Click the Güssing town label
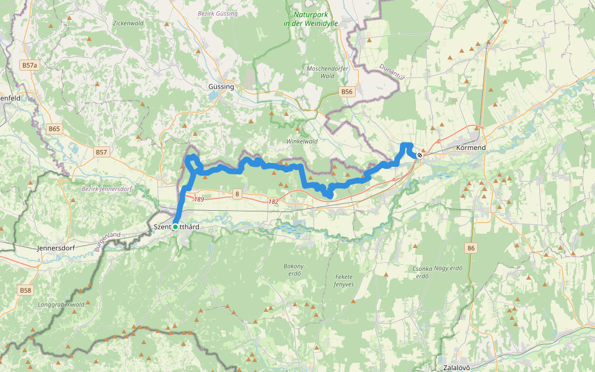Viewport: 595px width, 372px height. (x=221, y=87)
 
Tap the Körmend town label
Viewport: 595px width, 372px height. (x=470, y=148)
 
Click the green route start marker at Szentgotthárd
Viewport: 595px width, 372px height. (x=175, y=227)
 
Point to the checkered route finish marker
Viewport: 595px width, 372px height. (x=420, y=155)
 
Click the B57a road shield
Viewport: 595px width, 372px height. (x=29, y=64)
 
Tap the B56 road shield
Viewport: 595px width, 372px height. (x=346, y=92)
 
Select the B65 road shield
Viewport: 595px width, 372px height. (x=55, y=129)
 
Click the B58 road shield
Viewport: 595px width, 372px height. (x=25, y=290)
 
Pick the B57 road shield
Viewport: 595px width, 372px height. (x=102, y=152)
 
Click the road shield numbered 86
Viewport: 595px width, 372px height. (x=472, y=247)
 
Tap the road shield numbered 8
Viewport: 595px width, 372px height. (x=237, y=195)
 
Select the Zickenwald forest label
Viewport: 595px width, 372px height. (x=128, y=23)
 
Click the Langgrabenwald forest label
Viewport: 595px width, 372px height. (x=61, y=304)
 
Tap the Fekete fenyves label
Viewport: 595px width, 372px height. (x=343, y=280)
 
